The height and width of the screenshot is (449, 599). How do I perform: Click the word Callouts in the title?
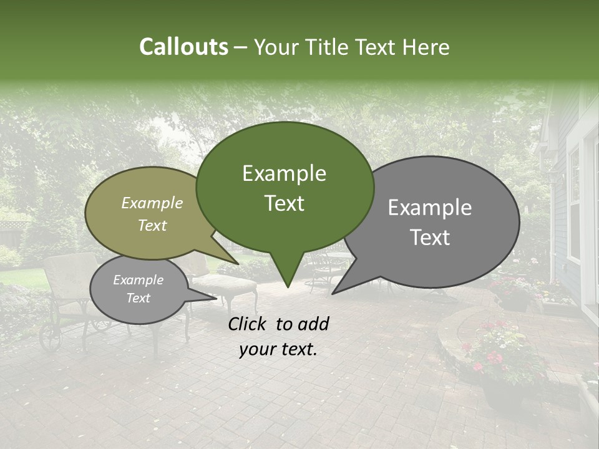[x=183, y=47]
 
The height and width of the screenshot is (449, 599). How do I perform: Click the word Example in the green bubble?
[x=284, y=173]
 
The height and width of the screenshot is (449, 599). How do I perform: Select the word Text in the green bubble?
[x=284, y=203]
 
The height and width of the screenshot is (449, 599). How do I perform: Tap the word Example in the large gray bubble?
[x=430, y=208]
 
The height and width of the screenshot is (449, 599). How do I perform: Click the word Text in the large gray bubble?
[x=430, y=238]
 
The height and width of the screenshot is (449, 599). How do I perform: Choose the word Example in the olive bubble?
[x=152, y=203]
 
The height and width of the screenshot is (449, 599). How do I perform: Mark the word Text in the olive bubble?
[x=152, y=225]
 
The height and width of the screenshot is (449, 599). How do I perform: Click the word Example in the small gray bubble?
[x=138, y=280]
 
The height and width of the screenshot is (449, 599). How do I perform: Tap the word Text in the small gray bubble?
[x=138, y=298]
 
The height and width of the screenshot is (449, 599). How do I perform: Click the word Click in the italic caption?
[x=249, y=323]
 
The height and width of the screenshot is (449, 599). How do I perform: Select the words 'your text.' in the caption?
[x=278, y=350]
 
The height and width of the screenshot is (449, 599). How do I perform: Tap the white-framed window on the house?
[x=573, y=206]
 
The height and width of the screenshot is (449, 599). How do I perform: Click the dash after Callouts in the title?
[x=241, y=47]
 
